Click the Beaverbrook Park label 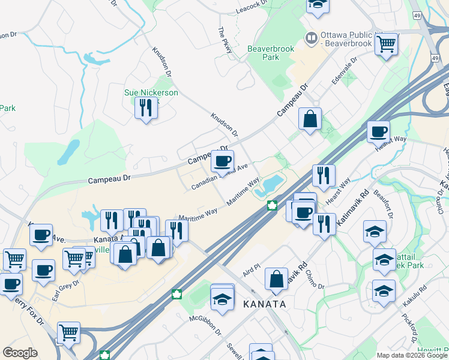[264, 53]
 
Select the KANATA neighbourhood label [264, 304]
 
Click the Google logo [20, 353]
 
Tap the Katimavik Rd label [351, 209]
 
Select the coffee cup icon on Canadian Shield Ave [222, 160]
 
